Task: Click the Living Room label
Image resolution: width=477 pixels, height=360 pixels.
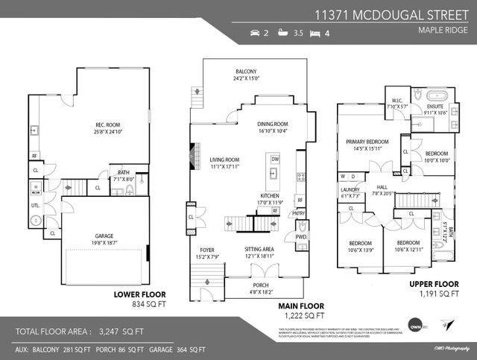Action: pos(224,160)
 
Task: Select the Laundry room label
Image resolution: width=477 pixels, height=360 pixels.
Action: pos(350,190)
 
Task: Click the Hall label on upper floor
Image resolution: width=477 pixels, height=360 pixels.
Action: pos(382,188)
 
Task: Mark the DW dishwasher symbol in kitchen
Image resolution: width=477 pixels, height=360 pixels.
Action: pos(275,159)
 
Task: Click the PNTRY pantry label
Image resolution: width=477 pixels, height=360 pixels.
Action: pos(298,214)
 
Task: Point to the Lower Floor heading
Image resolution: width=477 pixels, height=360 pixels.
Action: pos(139,294)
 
